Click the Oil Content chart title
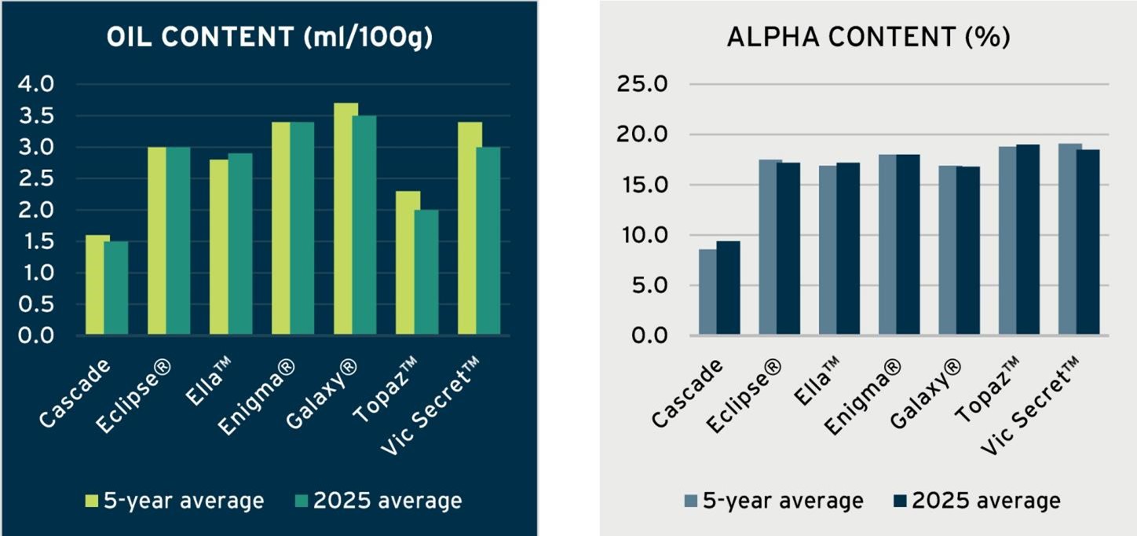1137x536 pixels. (269, 39)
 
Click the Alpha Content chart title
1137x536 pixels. (868, 39)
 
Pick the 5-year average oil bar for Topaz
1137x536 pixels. (408, 263)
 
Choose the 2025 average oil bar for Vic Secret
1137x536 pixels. (488, 241)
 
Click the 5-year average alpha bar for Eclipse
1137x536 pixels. (770, 248)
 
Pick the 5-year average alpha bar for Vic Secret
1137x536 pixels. (1069, 240)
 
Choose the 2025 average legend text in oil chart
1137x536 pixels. (388, 501)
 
